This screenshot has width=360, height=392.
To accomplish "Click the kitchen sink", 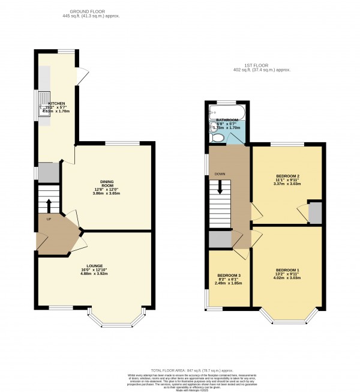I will coord(44,103).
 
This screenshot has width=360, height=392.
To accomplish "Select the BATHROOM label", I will coord(227,120).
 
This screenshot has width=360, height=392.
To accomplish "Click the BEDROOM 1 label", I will coord(287,270).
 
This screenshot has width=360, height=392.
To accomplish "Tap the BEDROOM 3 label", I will coord(229,276).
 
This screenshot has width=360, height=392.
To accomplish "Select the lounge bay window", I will coord(115,323).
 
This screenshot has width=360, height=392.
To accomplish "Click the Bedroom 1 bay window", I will coord(286,315).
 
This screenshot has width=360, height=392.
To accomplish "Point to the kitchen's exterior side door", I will coord(84,74).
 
